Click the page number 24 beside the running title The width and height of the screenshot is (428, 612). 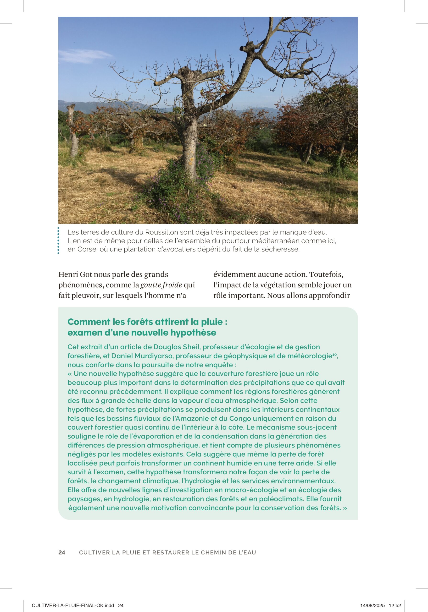tap(61, 552)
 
